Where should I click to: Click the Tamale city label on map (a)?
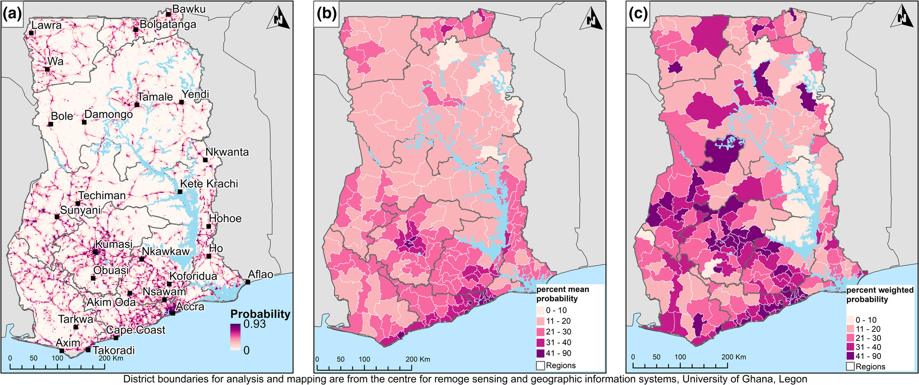pos(155,97)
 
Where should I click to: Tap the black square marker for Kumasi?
pos(95,252)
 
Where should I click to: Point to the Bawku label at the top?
pos(189,9)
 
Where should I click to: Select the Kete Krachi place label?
pos(209,184)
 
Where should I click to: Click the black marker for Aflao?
pos(248,282)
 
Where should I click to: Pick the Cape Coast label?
pos(136,330)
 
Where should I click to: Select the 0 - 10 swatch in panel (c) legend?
pos(849,320)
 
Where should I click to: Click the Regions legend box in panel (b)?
pos(540,366)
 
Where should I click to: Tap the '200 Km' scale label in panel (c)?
pos(733,357)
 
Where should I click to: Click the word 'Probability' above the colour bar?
pos(260,314)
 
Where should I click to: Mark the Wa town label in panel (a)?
pos(55,61)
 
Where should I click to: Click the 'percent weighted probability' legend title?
pos(880,295)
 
